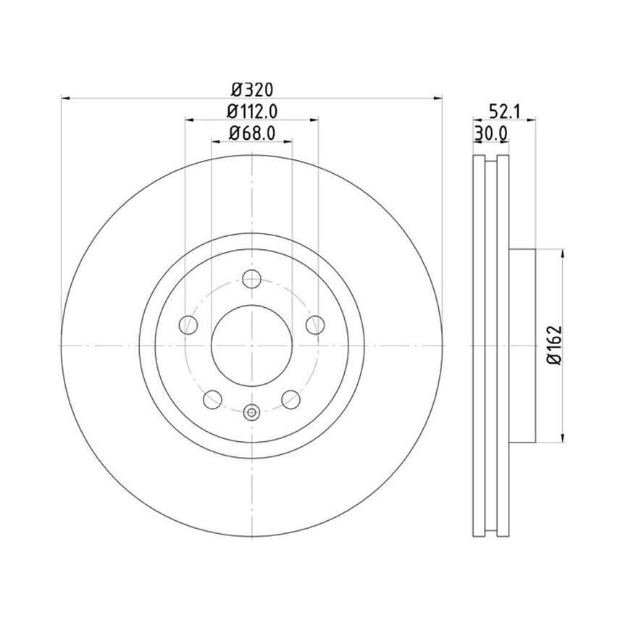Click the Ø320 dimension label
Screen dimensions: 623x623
tap(251, 90)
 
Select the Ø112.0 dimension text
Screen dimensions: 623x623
tap(252, 112)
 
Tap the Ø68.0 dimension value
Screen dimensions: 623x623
tap(252, 133)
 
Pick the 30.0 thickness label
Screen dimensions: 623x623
tap(490, 133)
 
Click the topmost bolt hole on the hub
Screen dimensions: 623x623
tap(251, 277)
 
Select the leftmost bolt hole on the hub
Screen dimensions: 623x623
tap(188, 325)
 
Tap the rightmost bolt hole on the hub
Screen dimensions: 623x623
tap(315, 325)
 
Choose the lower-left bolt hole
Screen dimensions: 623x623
tap(212, 398)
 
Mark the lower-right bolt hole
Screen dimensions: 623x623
tap(290, 398)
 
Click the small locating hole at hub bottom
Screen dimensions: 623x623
tap(251, 413)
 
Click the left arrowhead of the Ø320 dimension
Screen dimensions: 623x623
tap(65, 96)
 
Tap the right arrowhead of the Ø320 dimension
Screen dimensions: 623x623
tap(438, 96)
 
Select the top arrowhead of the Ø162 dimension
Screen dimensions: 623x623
tap(562, 253)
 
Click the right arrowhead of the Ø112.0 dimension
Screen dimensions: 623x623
tap(314, 119)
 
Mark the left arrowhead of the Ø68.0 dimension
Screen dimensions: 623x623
tap(215, 141)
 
